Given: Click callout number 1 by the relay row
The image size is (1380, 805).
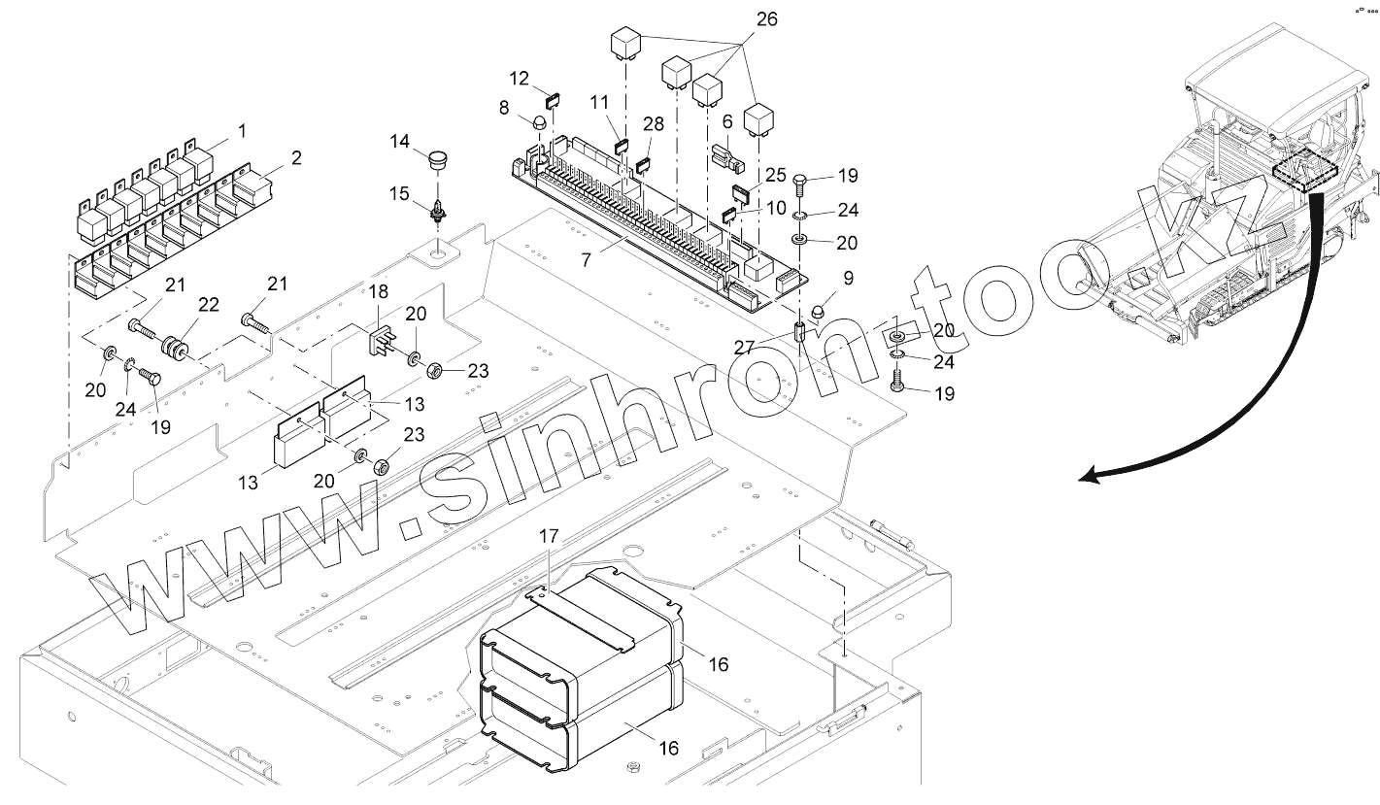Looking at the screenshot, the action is click(242, 129).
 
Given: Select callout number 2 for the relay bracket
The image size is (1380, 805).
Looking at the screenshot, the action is click(296, 158).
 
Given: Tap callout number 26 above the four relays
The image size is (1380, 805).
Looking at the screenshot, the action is click(766, 19).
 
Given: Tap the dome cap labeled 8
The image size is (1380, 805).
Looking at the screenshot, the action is click(537, 123).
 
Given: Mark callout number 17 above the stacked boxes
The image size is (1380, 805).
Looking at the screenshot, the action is click(549, 535).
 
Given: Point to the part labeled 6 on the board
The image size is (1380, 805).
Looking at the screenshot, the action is click(724, 154).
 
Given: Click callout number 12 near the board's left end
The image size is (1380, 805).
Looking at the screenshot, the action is click(519, 77).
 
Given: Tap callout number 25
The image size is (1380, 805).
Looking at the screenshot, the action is click(776, 174).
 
